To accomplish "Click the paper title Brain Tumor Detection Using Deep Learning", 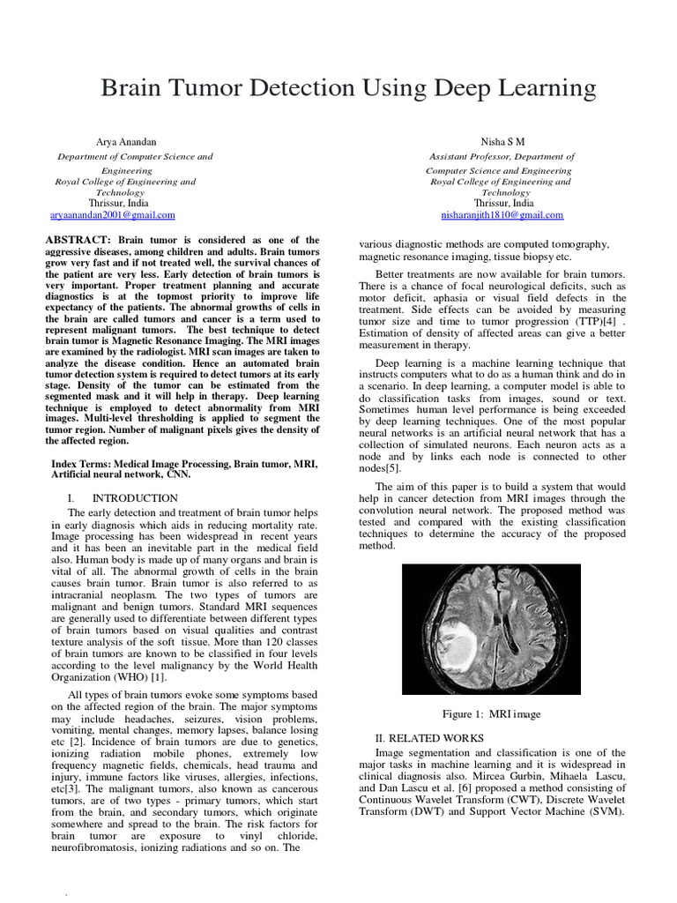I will click(349, 88).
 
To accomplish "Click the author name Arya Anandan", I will click(125, 141).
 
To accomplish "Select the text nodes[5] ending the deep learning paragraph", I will click(381, 469).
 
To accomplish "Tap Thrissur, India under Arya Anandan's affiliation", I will click(125, 203).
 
